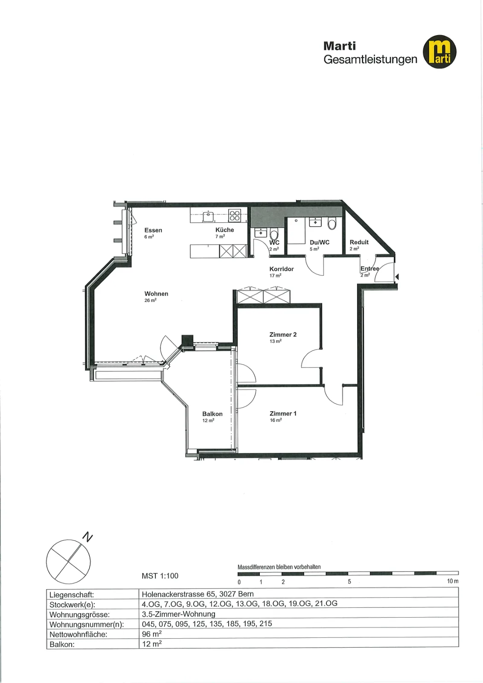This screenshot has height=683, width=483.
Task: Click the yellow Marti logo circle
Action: pyautogui.click(x=439, y=52)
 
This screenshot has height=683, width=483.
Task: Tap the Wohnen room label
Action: pyautogui.click(x=156, y=294)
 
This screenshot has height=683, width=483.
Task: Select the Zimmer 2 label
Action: pyautogui.click(x=283, y=335)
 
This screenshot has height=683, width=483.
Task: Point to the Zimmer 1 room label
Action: pyautogui.click(x=283, y=414)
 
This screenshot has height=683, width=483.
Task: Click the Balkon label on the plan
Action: pyautogui.click(x=212, y=414)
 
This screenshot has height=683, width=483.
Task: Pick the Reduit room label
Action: pyautogui.click(x=359, y=242)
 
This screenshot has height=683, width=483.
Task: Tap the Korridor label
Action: pyautogui.click(x=282, y=269)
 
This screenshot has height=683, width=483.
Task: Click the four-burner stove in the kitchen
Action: pyautogui.click(x=235, y=215)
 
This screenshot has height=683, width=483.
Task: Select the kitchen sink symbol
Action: pyautogui.click(x=209, y=216)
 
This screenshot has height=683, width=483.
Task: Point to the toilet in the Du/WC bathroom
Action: pyautogui.click(x=332, y=224)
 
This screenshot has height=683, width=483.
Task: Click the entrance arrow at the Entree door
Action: pyautogui.click(x=397, y=277)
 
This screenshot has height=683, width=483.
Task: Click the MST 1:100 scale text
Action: pyautogui.click(x=160, y=576)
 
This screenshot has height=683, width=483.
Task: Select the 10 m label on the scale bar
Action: pyautogui.click(x=453, y=581)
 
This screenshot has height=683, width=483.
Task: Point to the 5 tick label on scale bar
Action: pyautogui.click(x=349, y=581)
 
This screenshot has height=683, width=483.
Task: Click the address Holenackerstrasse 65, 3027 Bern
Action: pyautogui.click(x=198, y=594)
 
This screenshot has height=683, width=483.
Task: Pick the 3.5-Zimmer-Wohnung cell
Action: pyautogui.click(x=179, y=614)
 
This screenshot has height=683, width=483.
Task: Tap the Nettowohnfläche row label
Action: pyautogui.click(x=79, y=634)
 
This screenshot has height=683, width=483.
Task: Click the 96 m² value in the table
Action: pyautogui.click(x=152, y=633)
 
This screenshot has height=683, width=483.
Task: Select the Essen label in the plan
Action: pyautogui.click(x=153, y=230)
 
